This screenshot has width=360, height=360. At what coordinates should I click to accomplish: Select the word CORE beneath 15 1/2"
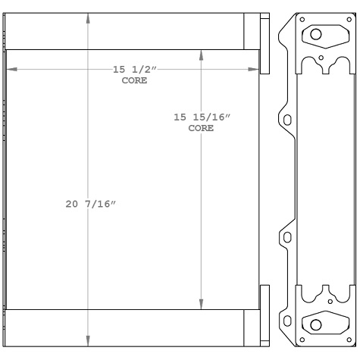tap(134, 80)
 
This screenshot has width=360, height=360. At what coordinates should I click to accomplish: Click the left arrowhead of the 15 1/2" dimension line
tap(10, 70)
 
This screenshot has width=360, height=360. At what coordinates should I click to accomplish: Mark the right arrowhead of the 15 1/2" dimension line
tap(255, 70)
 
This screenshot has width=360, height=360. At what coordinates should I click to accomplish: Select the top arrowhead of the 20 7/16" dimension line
tap(89, 17)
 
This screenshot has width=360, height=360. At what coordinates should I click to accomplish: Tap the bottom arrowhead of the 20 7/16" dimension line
tap(89, 342)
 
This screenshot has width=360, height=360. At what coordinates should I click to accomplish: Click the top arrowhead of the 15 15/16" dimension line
tap(201, 54)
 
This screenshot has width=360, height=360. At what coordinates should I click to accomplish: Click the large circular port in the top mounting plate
tap(316, 35)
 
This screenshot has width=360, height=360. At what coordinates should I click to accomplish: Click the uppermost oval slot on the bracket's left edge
tap(286, 119)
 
